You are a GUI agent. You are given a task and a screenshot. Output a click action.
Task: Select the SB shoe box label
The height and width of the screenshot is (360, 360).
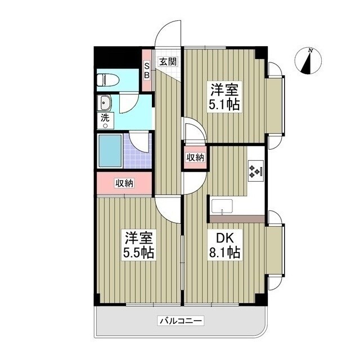(147, 70)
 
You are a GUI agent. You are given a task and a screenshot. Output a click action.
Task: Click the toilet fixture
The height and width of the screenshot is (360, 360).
(106, 79)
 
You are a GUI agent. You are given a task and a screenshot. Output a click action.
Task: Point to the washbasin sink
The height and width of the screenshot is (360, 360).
(105, 103)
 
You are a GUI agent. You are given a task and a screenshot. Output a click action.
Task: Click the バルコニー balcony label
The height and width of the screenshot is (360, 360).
(181, 321)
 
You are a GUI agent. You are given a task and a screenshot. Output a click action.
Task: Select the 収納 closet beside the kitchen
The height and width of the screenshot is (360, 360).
(195, 158)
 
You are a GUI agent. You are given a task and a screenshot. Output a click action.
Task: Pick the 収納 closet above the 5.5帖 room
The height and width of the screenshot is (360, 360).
(125, 183)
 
